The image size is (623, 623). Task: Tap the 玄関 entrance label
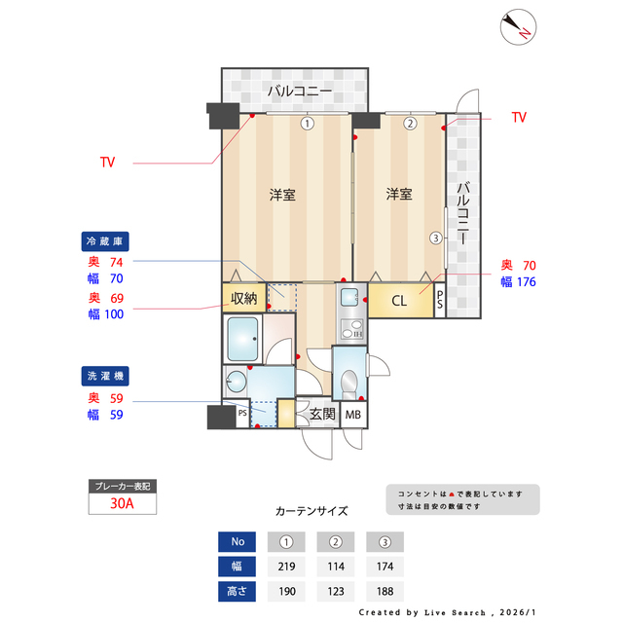tap(322, 415)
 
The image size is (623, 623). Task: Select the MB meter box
tap(352, 416)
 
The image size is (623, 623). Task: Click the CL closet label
tap(399, 301)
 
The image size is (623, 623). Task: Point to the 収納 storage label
tap(243, 298)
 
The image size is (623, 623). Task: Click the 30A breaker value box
tap(121, 504)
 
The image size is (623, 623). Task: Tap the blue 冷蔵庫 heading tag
tap(106, 239)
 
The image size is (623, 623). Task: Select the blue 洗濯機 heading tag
tap(106, 375)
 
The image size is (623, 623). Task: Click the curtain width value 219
tap(286, 566)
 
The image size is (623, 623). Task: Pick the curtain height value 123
tap(335, 590)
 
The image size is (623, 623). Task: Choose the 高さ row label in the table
tap(238, 590)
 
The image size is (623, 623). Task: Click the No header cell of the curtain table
tap(238, 541)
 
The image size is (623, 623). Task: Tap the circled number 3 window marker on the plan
tap(436, 238)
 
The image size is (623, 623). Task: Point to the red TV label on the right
tap(519, 118)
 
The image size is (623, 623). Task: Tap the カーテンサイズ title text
tap(311, 510)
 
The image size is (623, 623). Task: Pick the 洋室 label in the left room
tap(282, 195)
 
